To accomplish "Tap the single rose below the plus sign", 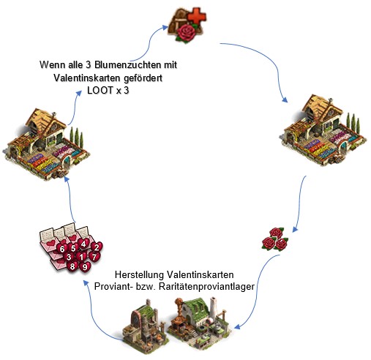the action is pyautogui.click(x=186, y=33).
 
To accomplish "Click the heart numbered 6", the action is pyautogui.click(x=62, y=249).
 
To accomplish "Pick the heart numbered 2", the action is pyautogui.click(x=97, y=247).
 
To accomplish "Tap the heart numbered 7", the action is pyautogui.click(x=94, y=257).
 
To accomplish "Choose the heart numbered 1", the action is pyautogui.click(x=81, y=257).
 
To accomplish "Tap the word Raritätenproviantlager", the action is pyautogui.click(x=206, y=286).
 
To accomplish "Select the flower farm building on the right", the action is pyautogui.click(x=323, y=130).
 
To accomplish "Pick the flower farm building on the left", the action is pyautogui.click(x=46, y=144).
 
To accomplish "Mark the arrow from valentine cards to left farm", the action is pyautogui.click(x=69, y=199).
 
